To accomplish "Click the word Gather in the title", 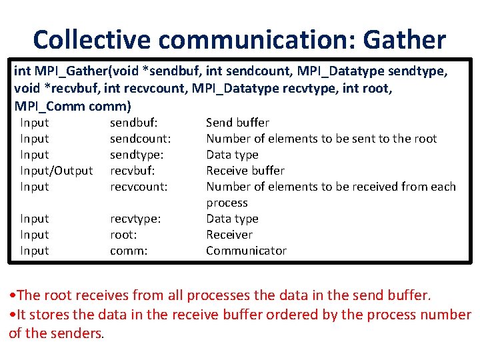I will pos(404,40).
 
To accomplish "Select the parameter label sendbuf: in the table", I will pos(133,123).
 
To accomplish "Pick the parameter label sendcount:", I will pos(141,139).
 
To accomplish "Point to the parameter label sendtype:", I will pos(137,155).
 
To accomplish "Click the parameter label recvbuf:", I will pos(133,171).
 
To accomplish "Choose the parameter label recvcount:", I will pos(139,187).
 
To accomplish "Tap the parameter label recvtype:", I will pos(135,219).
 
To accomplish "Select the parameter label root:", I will pos(123,235).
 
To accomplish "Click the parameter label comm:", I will pos(128,251).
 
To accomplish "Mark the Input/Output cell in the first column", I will pos(57,171).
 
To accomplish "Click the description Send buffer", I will pos(237,123).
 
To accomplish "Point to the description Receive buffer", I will pos(245,171).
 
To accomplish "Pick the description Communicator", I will pos(246,251).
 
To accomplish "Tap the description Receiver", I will pos(229,235).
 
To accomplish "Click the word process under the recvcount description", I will pos(227,203).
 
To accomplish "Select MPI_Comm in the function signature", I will pos(45,106).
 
